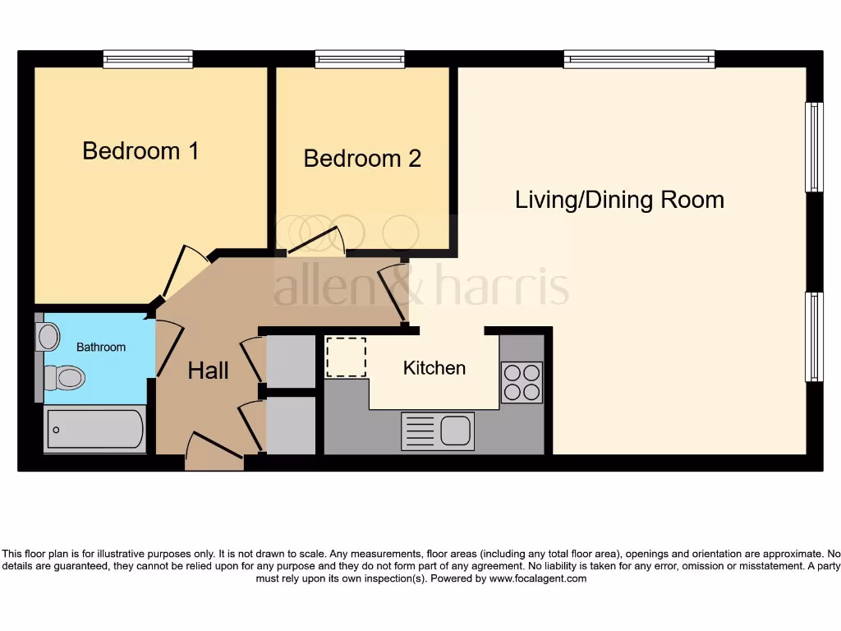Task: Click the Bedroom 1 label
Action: tap(140, 151)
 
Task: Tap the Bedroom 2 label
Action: tap(362, 159)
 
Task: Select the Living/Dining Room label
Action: tap(619, 200)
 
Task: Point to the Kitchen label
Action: tap(434, 368)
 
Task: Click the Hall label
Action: tap(208, 371)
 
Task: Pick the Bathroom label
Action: tap(101, 347)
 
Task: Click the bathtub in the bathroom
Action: tap(95, 429)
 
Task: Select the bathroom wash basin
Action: tap(48, 336)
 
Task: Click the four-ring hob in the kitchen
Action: tap(522, 382)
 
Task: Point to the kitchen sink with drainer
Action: tap(438, 431)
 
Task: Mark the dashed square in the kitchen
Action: tap(346, 357)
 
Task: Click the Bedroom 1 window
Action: tap(148, 59)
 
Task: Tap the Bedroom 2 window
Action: tap(360, 59)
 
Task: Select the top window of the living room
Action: tap(639, 59)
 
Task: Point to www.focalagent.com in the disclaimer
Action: tap(538, 578)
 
